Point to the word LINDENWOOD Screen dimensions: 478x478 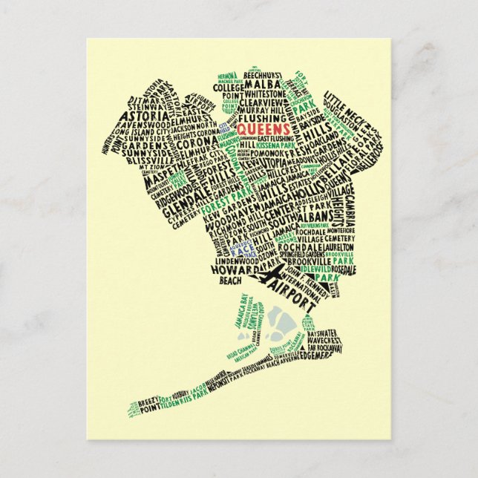click(238, 261)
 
